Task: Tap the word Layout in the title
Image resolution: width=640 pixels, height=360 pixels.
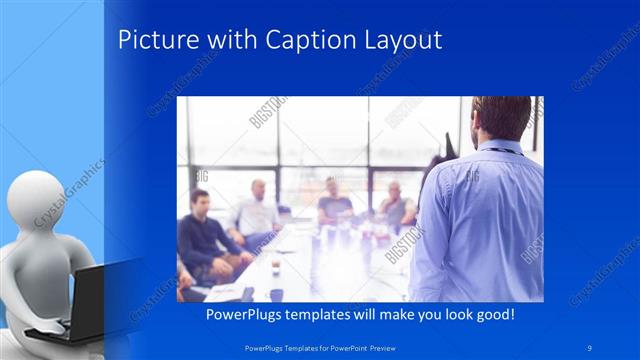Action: pyautogui.click(x=400, y=40)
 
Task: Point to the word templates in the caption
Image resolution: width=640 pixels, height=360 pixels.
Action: pyautogui.click(x=323, y=314)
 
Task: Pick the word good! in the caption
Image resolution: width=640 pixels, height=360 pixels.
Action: pyautogui.click(x=493, y=314)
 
